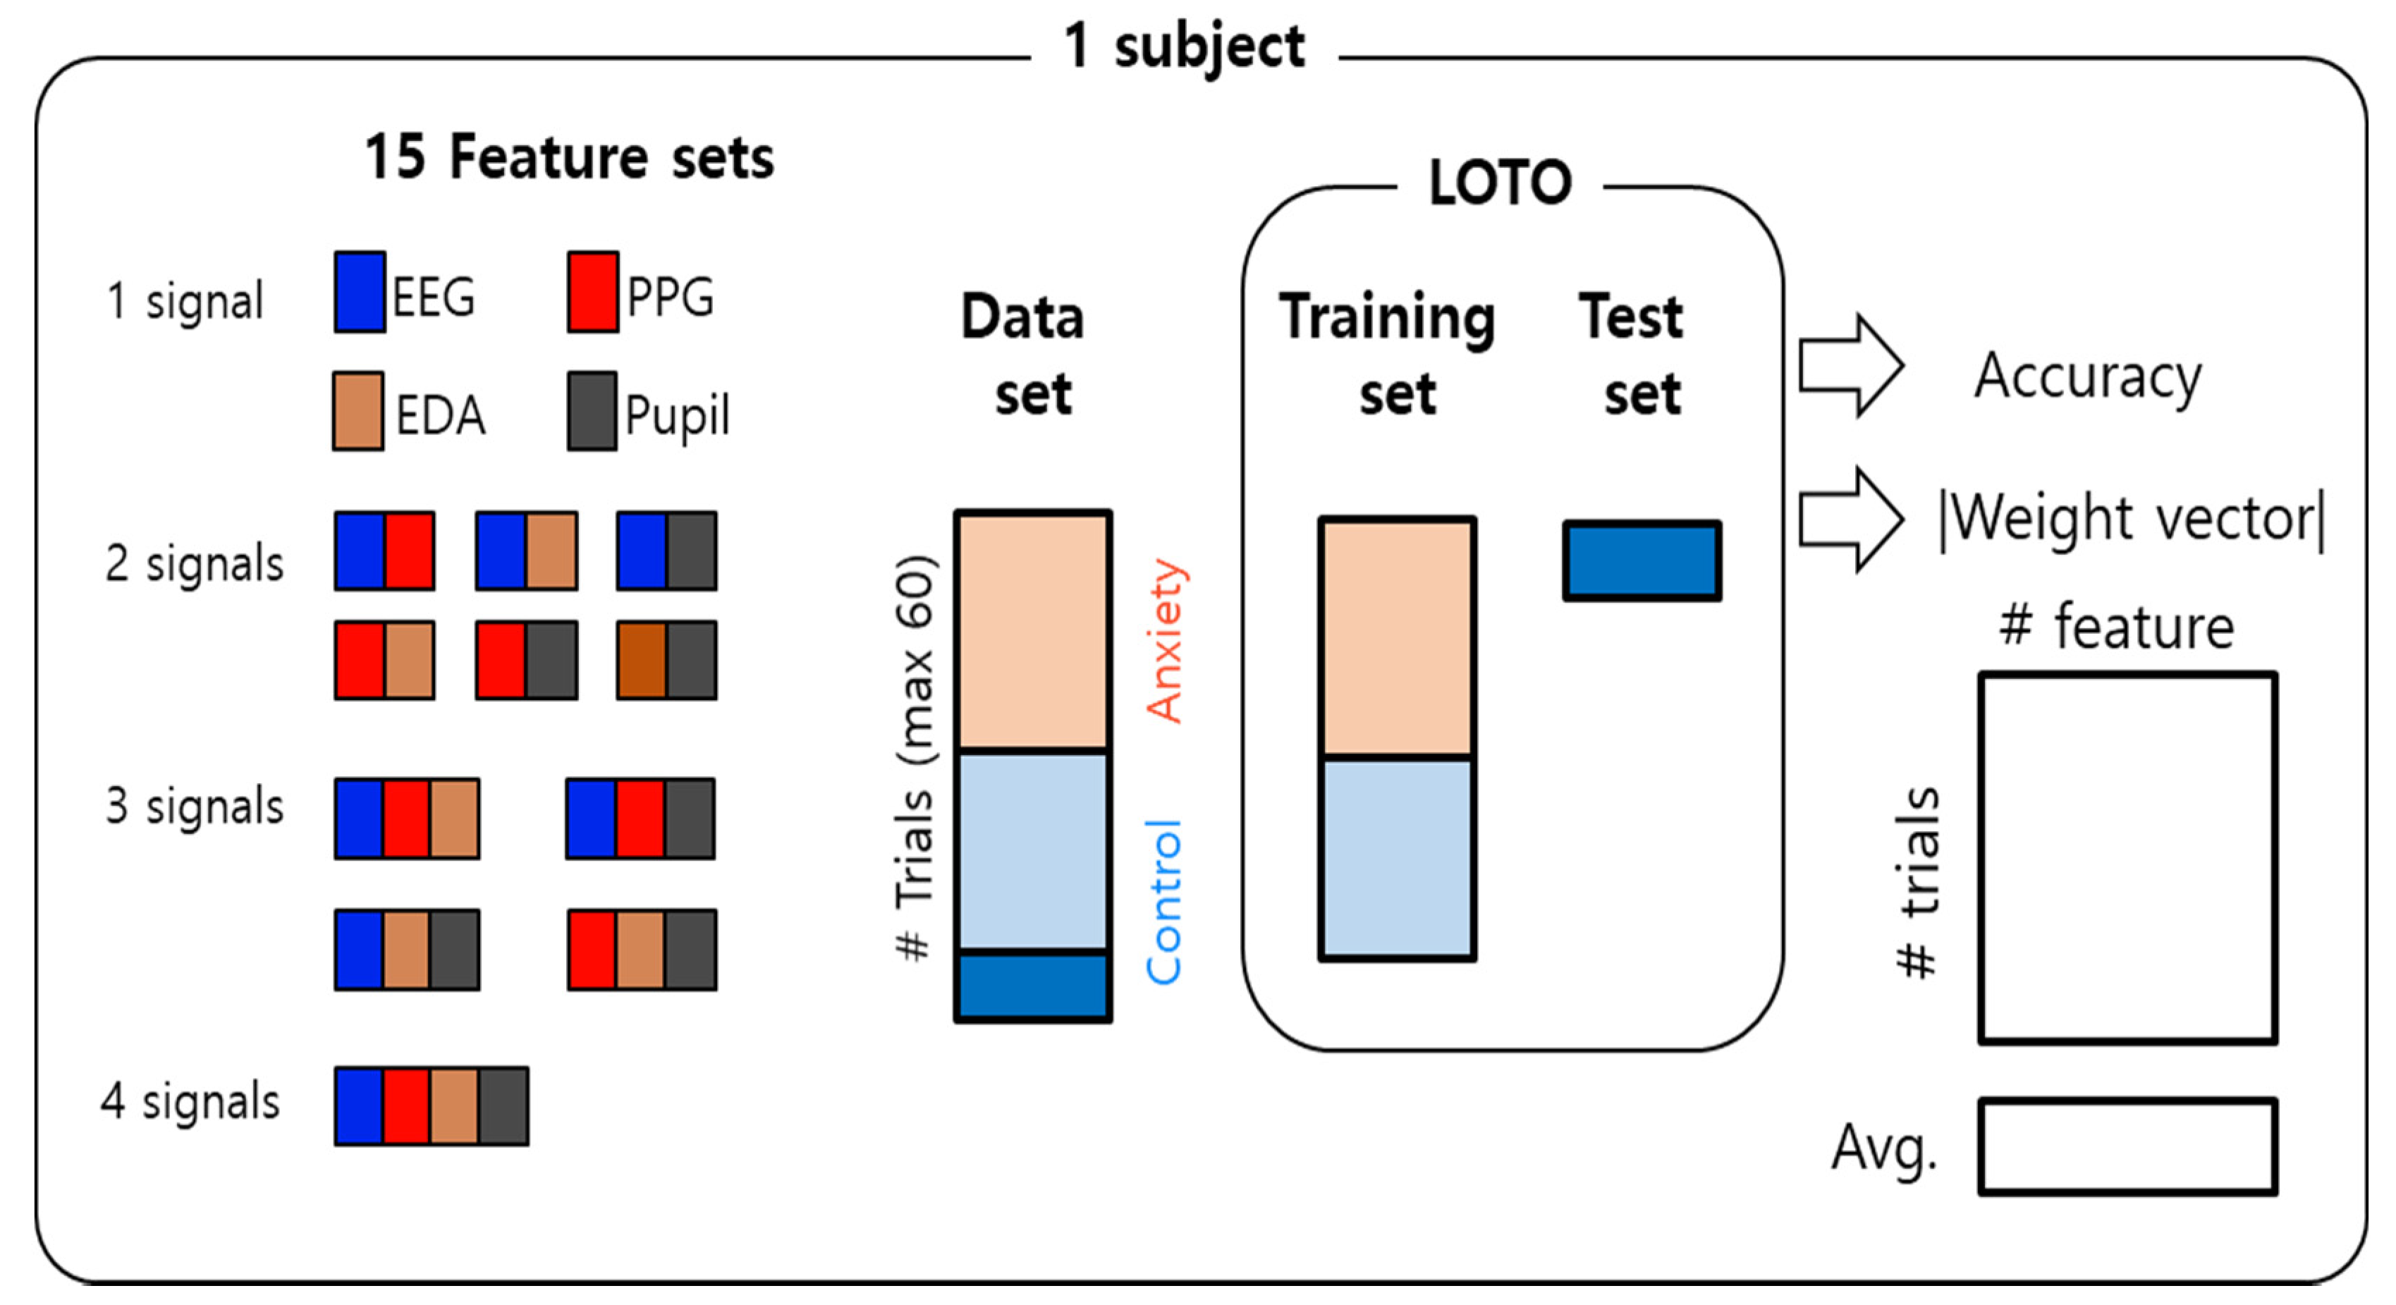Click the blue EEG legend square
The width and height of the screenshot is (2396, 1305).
[x=360, y=292]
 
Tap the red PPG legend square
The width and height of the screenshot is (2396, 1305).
[x=592, y=292]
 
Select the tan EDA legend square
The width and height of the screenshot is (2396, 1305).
[x=358, y=411]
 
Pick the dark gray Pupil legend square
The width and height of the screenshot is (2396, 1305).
[x=592, y=411]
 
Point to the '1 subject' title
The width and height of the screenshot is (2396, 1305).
[x=1184, y=47]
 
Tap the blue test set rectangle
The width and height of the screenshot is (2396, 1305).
[x=1642, y=560]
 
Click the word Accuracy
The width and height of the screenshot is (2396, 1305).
[x=2088, y=376]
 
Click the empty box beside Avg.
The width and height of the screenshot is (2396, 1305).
[x=2127, y=1146]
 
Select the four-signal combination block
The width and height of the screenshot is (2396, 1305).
[x=432, y=1106]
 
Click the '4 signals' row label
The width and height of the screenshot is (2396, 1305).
[x=190, y=1101]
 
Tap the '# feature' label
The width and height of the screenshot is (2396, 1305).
[x=2116, y=627]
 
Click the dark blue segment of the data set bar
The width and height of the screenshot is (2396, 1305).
[x=1032, y=986]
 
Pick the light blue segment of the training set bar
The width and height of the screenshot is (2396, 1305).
[x=1397, y=857]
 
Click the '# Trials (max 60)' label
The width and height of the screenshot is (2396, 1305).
[x=915, y=758]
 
